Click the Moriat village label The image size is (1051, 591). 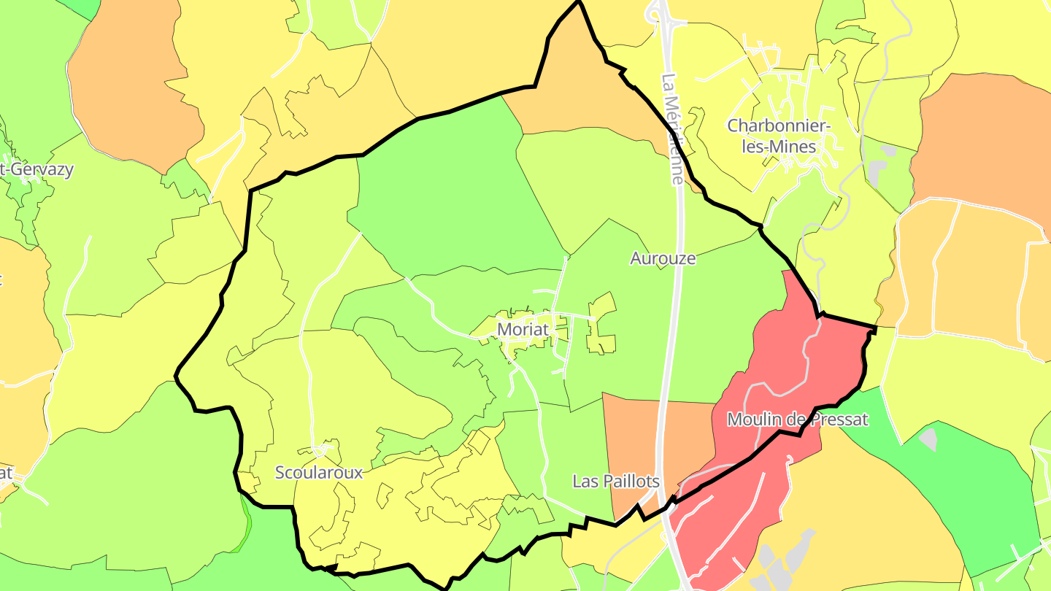click(522, 329)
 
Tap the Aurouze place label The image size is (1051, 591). click(663, 258)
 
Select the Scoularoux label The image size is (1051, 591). click(319, 472)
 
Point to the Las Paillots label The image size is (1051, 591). click(616, 482)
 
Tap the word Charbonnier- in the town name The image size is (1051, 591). click(779, 125)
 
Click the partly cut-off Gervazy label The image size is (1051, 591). click(40, 170)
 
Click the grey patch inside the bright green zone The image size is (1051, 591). click(928, 439)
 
